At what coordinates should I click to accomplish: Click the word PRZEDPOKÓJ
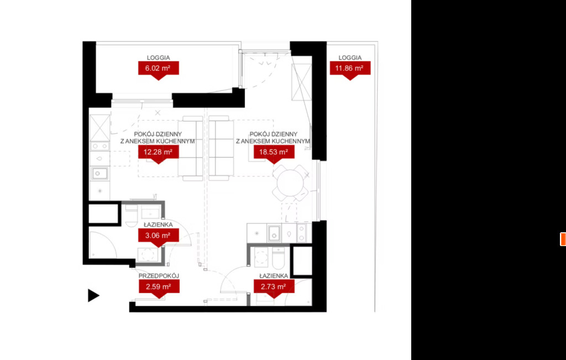click(159, 276)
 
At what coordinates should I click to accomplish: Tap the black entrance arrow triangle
click(93, 295)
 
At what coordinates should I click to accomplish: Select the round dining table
click(290, 183)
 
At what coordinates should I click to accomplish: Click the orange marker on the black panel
click(563, 239)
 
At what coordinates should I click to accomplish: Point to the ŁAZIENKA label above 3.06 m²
click(158, 225)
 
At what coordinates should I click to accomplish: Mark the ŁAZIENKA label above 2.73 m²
click(274, 276)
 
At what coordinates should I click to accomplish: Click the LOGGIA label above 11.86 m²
click(350, 58)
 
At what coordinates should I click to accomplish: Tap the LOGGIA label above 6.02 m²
click(159, 58)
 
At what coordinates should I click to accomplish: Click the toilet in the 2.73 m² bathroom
click(279, 258)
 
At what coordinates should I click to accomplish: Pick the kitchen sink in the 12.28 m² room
click(99, 173)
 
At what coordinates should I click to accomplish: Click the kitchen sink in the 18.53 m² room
click(274, 233)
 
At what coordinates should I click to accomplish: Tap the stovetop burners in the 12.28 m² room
click(99, 146)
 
